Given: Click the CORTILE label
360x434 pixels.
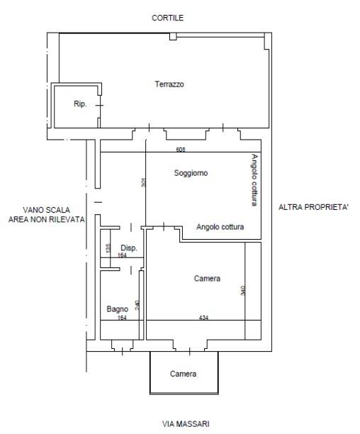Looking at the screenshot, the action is (x=167, y=18).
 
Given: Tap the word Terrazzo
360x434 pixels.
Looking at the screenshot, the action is (x=169, y=84).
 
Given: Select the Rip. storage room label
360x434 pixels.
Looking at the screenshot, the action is (x=80, y=104).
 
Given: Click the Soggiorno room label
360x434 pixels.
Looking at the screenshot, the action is (x=191, y=173).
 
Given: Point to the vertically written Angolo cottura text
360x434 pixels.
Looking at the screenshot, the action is (x=254, y=180).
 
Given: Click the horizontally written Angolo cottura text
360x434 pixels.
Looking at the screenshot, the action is (x=220, y=227).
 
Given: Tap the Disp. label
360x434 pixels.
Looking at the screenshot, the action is (x=129, y=247).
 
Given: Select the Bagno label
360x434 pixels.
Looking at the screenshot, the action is (x=118, y=309).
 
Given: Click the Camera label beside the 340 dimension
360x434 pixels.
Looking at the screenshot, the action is (x=207, y=279).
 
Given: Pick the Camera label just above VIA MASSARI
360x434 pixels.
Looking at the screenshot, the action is (x=183, y=374).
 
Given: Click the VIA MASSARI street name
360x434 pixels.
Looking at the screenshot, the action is (x=186, y=424).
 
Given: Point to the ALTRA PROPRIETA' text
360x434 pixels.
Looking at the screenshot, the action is (x=313, y=207).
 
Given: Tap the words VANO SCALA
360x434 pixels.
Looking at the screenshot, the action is (x=47, y=210).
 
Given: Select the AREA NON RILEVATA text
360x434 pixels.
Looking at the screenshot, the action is (x=47, y=220).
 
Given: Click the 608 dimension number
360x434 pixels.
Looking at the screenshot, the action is (x=181, y=150).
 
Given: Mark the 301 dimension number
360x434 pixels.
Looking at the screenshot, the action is (x=143, y=182).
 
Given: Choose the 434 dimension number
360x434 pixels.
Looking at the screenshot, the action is (x=203, y=318).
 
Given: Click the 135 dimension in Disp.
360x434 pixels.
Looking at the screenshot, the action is (x=108, y=247).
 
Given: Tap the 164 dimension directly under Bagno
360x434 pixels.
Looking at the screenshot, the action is (x=122, y=318).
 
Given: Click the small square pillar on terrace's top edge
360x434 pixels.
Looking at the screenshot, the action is (x=173, y=37).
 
